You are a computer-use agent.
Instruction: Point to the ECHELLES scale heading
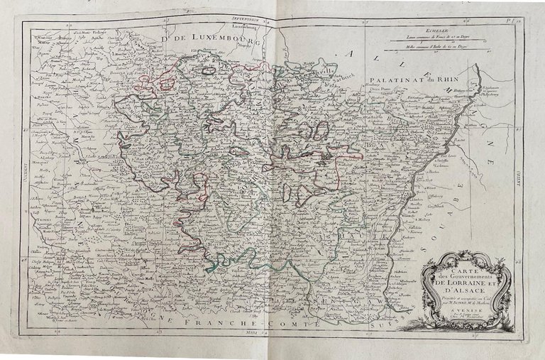(x=429, y=31)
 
